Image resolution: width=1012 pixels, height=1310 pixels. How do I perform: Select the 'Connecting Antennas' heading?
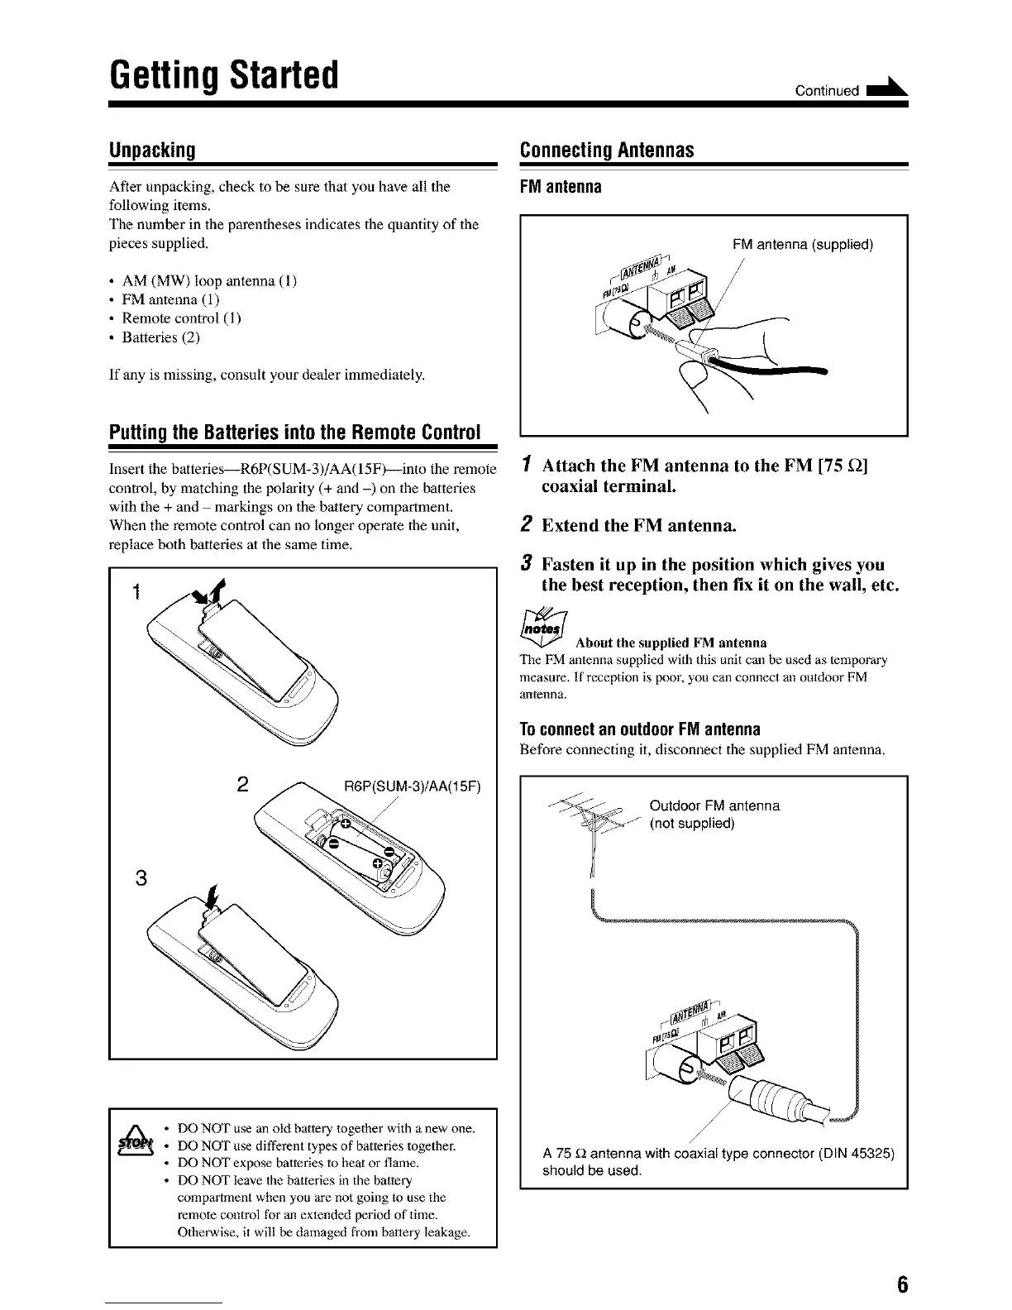[606, 151]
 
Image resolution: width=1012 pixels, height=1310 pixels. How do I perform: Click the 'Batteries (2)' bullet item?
[161, 337]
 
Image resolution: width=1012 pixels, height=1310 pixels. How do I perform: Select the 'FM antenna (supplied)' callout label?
[803, 245]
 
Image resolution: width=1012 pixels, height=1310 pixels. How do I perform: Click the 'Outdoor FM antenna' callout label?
[714, 806]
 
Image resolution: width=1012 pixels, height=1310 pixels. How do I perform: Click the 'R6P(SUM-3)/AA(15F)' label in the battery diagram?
[412, 786]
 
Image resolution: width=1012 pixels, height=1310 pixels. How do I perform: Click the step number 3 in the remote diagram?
[141, 878]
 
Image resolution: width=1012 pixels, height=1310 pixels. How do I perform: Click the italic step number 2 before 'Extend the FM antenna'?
[527, 525]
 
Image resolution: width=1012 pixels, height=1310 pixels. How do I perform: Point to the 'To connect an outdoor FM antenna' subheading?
[640, 730]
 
